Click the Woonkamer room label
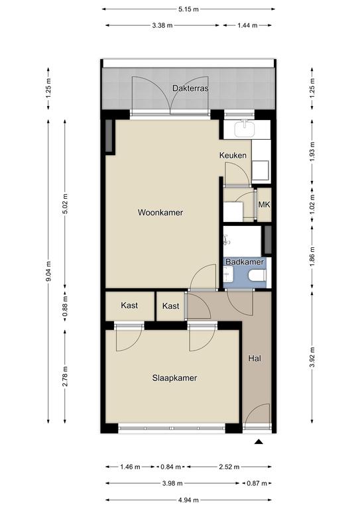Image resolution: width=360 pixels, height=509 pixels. tap(160, 213)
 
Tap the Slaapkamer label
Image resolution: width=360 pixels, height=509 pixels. tap(174, 378)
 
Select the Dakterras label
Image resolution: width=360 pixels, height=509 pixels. tap(190, 88)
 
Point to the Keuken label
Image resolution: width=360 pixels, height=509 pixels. tap(233, 156)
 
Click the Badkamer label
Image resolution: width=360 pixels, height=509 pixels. tap(245, 262)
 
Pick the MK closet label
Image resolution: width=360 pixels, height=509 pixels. tap(265, 205)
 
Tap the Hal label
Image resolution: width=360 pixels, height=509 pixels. tap(255, 359)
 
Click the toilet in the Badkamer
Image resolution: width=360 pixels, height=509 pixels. tap(258, 276)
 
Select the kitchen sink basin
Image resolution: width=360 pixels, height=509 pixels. tap(245, 129)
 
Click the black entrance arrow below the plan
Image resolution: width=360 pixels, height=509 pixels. tap(259, 441)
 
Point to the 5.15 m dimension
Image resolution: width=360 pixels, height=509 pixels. tap(188, 9)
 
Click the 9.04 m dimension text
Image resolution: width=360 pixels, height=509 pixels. tap(48, 271)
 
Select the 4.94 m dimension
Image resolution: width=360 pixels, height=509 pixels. tap(188, 500)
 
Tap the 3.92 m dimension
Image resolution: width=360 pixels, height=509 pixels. tap(312, 357)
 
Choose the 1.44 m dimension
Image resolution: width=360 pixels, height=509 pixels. tap(247, 25)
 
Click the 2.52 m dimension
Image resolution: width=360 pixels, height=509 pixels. tap(229, 467)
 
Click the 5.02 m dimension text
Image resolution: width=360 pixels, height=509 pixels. tap(65, 204)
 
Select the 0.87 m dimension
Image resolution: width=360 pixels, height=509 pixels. tap(257, 483)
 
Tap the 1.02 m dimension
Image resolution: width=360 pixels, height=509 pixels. tap(312, 205)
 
